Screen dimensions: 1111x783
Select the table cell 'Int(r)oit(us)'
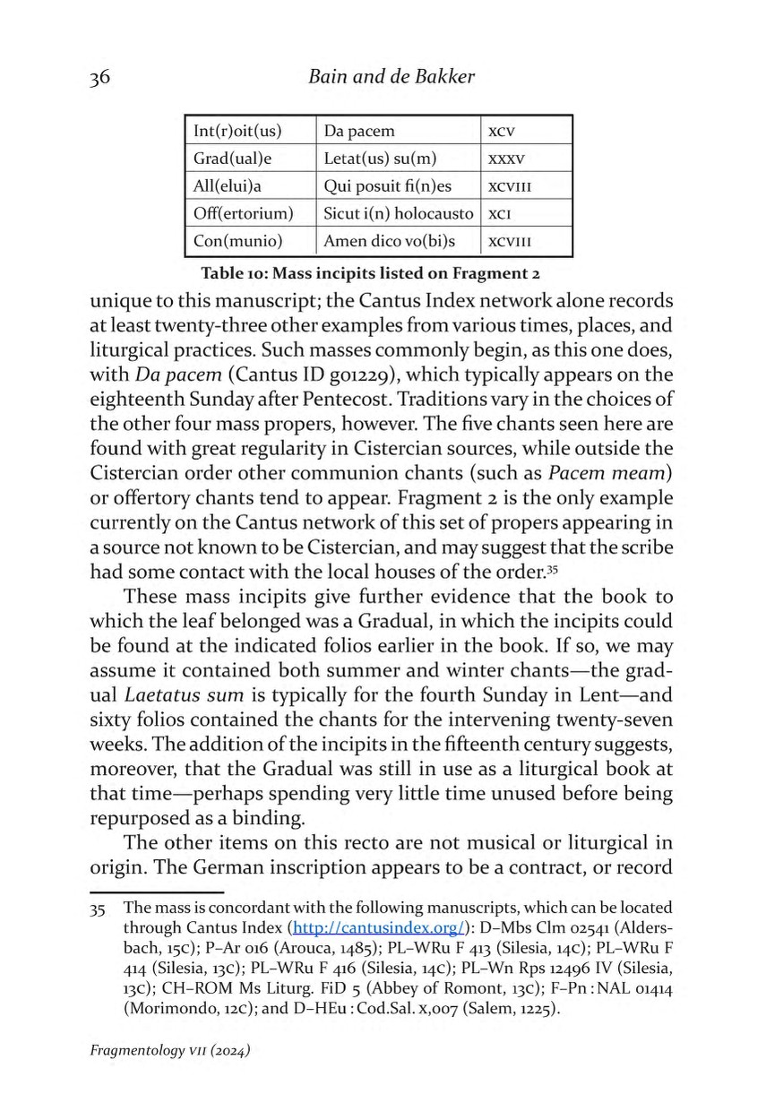(237, 131)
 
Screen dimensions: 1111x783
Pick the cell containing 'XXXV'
(504, 159)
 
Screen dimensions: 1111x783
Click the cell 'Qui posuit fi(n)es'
(389, 186)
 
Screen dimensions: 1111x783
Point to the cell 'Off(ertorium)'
(243, 214)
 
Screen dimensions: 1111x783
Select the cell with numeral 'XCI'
(499, 215)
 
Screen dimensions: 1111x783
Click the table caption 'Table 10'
(374, 272)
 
